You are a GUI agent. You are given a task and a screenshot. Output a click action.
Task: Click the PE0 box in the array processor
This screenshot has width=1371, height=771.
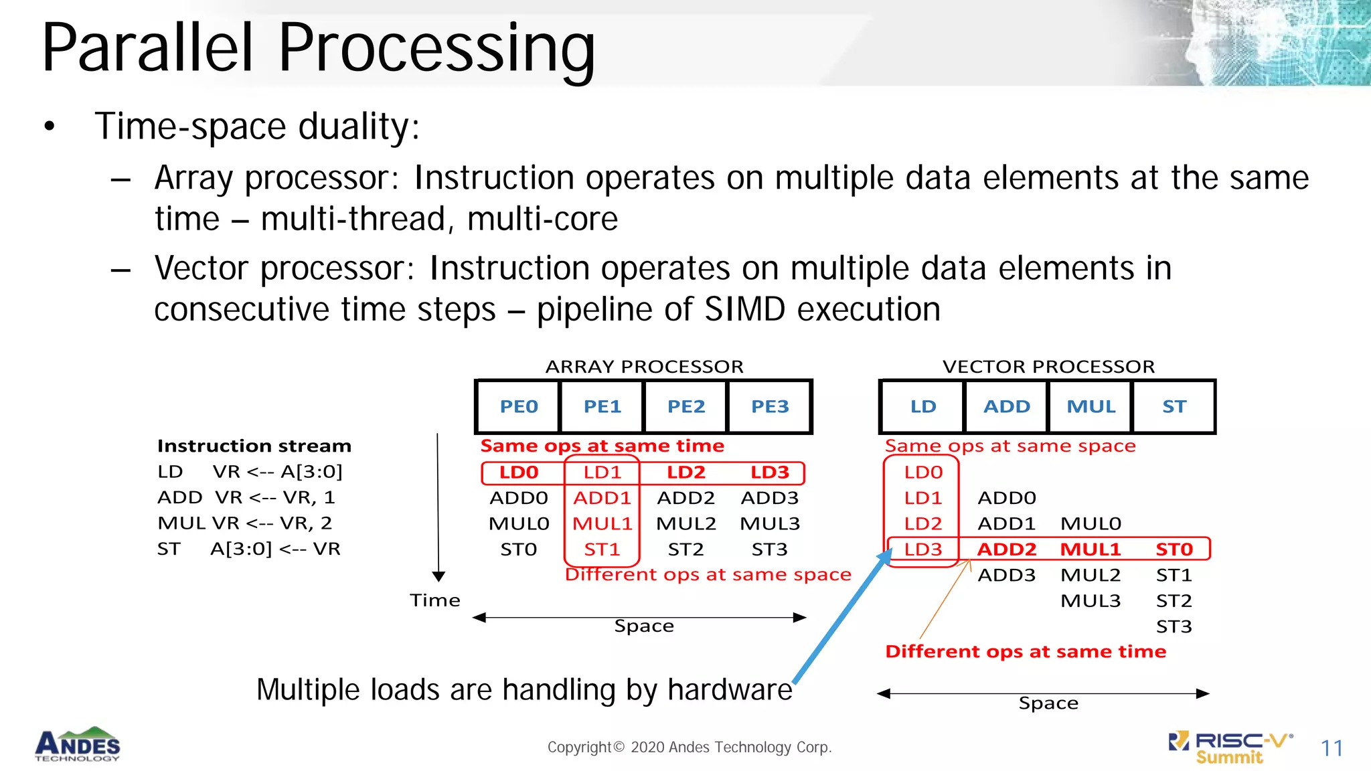(x=518, y=406)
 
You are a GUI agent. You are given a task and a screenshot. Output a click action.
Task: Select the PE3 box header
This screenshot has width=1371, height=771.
(x=769, y=406)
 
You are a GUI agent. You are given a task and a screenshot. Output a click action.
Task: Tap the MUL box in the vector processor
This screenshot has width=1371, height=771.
(x=1091, y=406)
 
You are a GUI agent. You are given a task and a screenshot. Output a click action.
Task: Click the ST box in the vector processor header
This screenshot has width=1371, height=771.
(x=1174, y=406)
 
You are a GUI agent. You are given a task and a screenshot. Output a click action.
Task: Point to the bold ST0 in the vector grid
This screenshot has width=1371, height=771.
(x=1174, y=549)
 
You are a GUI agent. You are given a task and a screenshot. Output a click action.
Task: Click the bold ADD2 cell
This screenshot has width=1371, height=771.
(x=1006, y=549)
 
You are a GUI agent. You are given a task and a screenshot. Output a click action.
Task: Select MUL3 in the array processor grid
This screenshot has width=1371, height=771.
(x=769, y=523)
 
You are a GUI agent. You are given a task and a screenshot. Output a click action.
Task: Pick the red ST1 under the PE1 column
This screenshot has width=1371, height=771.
(x=602, y=549)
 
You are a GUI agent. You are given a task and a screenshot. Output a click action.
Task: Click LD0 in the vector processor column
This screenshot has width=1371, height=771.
(x=923, y=472)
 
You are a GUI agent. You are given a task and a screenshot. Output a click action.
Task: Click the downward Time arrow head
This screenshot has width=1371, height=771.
(x=438, y=576)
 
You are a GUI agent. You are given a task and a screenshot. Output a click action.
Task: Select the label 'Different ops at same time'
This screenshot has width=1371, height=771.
(x=1025, y=651)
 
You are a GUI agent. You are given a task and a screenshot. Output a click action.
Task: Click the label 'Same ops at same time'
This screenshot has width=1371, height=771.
(x=602, y=446)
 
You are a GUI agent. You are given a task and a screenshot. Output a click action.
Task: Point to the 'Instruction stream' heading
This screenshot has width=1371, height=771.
(x=254, y=446)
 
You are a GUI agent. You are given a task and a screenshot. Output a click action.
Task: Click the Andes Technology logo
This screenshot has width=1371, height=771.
(x=78, y=745)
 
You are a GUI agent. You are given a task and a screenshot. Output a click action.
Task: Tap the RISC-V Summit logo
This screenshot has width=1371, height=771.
(x=1230, y=747)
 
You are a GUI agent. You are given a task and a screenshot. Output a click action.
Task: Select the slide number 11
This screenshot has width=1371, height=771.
(x=1332, y=748)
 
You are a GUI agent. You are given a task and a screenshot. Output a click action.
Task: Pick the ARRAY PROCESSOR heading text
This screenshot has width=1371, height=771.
(x=644, y=366)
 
